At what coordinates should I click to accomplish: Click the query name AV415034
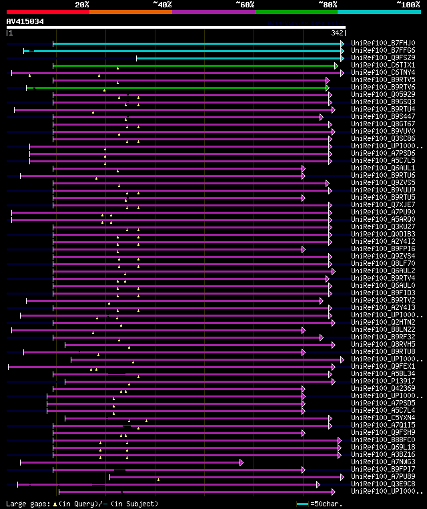coord(25,21)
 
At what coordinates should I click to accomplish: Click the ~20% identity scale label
coord(82,5)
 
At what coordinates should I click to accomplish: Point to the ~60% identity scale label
coord(245,5)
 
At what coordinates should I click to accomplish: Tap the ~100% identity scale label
coord(408,5)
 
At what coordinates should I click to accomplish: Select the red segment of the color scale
coord(47,11)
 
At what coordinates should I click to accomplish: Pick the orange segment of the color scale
coord(130,11)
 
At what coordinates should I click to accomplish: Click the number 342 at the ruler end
coord(337,32)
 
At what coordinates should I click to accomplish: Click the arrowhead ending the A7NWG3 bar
coord(241,462)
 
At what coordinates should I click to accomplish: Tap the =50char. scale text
coord(326,504)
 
